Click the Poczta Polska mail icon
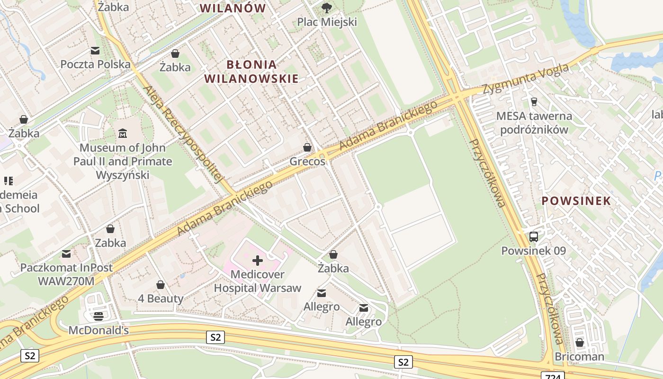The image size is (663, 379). pos(95,51)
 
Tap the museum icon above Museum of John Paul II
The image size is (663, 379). pos(123,134)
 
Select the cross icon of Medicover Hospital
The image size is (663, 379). pos(258,260)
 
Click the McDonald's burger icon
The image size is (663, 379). pos(99,316)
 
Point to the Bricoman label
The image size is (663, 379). pos(579,356)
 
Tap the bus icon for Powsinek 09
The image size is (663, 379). pos(534,236)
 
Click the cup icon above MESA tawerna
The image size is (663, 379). pos(534,101)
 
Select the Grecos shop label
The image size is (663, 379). pos(307,162)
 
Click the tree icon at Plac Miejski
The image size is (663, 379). pos(326,8)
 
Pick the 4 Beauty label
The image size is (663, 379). pos(161,298)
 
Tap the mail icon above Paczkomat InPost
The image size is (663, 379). pos(66,254)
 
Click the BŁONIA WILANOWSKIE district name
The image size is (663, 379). pos(251,72)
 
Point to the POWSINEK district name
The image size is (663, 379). pos(576,200)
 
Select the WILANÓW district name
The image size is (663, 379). pos(233,8)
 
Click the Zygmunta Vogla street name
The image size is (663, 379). pos(526,79)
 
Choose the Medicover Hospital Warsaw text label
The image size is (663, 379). pos(258,281)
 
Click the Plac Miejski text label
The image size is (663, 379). pos(327,22)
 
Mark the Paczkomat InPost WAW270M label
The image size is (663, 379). pos(66,274)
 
